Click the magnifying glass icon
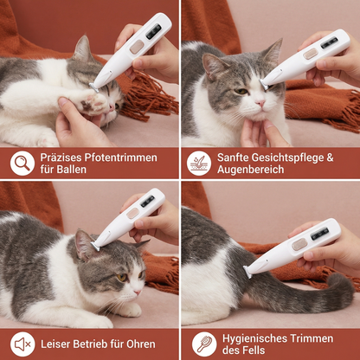coord(22,163)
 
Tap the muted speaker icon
coord(22,344)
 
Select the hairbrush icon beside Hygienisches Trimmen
coord(203,344)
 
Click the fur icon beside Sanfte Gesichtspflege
coord(199,163)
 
